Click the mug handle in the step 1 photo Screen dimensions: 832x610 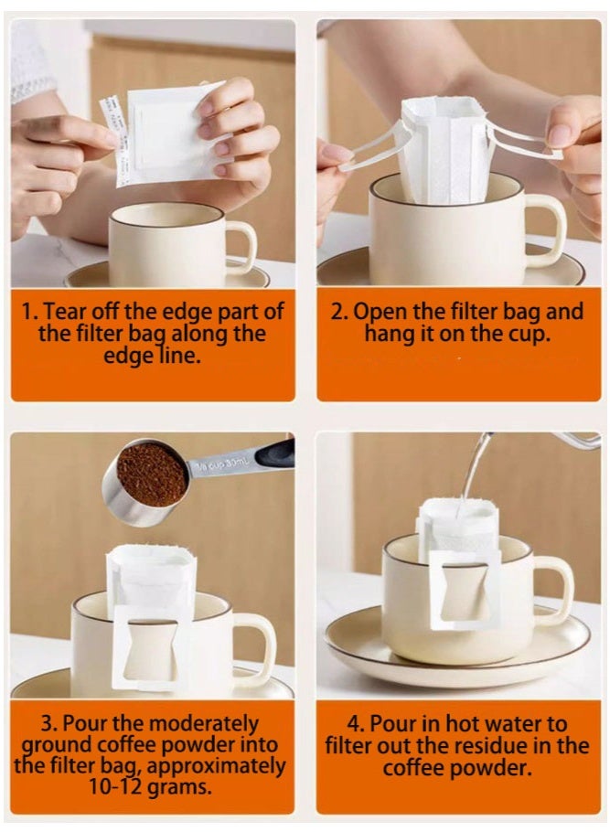pos(243,247)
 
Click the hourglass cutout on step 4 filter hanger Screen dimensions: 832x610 pos(464,590)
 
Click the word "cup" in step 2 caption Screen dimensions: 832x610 pos(524,335)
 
